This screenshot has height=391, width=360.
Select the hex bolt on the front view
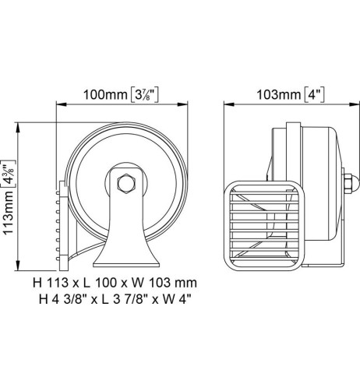tap(125, 185)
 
